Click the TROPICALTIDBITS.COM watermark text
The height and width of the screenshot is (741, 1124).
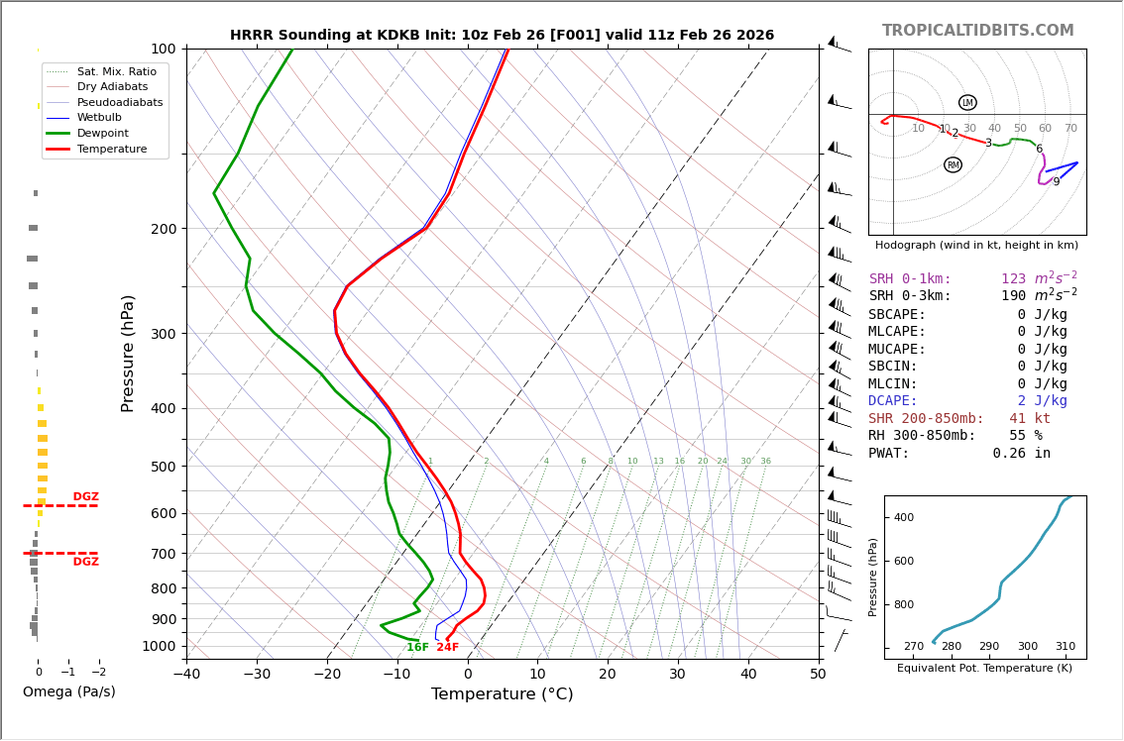tap(977, 31)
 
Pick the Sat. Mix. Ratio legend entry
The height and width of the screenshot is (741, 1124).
tap(116, 71)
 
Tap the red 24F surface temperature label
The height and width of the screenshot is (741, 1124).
tap(447, 648)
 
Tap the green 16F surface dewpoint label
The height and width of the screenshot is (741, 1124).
tap(417, 648)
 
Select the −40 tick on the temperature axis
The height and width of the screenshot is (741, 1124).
tap(186, 675)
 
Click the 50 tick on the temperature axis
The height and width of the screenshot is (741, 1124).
tap(818, 675)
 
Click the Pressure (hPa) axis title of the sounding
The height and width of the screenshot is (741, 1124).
tap(128, 353)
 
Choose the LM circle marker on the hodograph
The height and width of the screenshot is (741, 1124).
tap(967, 103)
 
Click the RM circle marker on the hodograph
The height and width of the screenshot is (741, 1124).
tap(953, 165)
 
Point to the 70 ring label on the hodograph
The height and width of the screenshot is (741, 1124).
tap(1070, 129)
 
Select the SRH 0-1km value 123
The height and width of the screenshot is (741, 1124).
tap(1013, 279)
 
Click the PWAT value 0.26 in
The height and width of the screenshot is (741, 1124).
tap(1021, 454)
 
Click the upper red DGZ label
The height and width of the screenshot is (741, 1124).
tap(85, 497)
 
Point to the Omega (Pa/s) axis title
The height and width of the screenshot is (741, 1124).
tap(68, 692)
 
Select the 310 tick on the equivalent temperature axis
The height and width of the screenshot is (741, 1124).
tap(1065, 647)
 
